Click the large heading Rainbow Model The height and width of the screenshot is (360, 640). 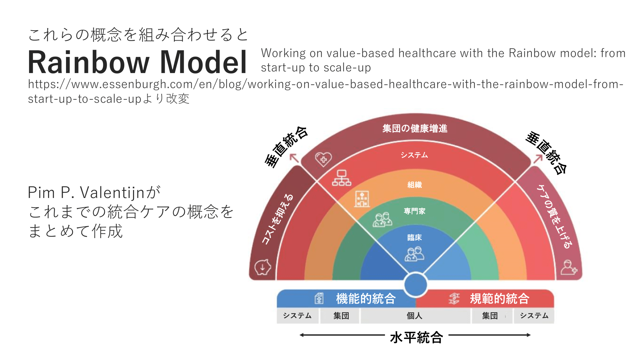137,62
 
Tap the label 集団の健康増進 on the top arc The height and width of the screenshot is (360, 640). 415,129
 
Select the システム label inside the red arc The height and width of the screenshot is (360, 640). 414,155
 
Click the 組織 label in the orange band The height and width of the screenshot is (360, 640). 415,185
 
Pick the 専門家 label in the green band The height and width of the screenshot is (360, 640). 415,211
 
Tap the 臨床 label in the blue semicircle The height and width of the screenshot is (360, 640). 415,237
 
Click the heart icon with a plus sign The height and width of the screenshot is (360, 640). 323,159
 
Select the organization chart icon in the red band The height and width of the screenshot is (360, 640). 342,178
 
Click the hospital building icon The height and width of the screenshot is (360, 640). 362,199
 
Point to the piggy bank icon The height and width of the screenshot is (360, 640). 263,267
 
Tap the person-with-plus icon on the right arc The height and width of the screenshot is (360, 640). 569,267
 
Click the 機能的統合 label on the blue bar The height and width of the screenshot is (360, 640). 366,299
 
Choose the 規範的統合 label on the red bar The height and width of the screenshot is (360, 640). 500,299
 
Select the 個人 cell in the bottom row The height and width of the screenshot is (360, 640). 415,316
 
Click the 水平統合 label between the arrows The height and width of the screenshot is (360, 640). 417,337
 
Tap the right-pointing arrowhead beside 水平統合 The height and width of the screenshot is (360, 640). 529,335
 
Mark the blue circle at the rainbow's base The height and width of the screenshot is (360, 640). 415,285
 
